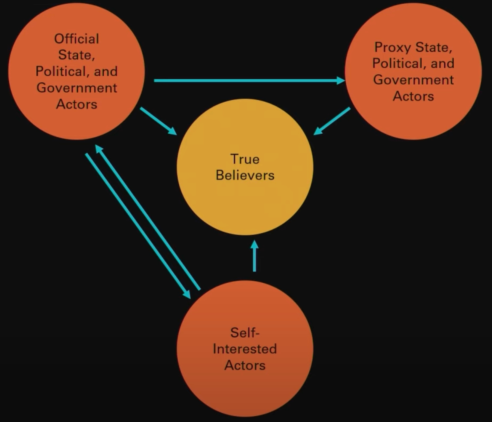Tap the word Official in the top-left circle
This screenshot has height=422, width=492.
pos(77,39)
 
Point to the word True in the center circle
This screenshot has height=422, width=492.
pos(244,159)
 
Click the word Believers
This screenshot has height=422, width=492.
pos(245,176)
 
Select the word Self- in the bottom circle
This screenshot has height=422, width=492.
pos(245,333)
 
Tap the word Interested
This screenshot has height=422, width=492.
pos(245,349)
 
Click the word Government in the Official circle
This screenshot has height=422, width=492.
pos(77,88)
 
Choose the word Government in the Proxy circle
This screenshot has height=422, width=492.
pos(413,80)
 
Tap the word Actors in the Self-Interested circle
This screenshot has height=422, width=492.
pos(245,366)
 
